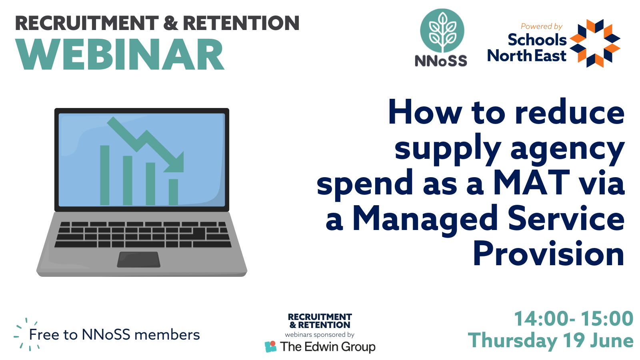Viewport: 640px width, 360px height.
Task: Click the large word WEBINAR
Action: tap(120, 54)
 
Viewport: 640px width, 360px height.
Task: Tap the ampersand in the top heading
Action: tap(171, 23)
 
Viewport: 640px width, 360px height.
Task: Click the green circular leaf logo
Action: tap(442, 30)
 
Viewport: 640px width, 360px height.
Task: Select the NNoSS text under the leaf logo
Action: tap(441, 60)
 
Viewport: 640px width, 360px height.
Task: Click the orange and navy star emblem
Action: tap(595, 43)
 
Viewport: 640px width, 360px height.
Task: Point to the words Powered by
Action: tap(542, 26)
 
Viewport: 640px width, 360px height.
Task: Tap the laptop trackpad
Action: tap(138, 260)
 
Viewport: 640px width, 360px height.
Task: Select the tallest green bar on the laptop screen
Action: tap(104, 175)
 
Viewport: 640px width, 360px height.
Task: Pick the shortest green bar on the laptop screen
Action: tap(174, 192)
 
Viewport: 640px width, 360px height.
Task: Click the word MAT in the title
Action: tap(532, 183)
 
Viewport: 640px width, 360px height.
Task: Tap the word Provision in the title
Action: tap(548, 254)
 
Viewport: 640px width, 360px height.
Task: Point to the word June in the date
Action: tap(612, 340)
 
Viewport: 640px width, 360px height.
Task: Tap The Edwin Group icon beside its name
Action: tap(270, 346)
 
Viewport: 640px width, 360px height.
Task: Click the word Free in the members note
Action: tap(44, 334)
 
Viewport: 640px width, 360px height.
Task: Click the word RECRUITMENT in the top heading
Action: tap(87, 23)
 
